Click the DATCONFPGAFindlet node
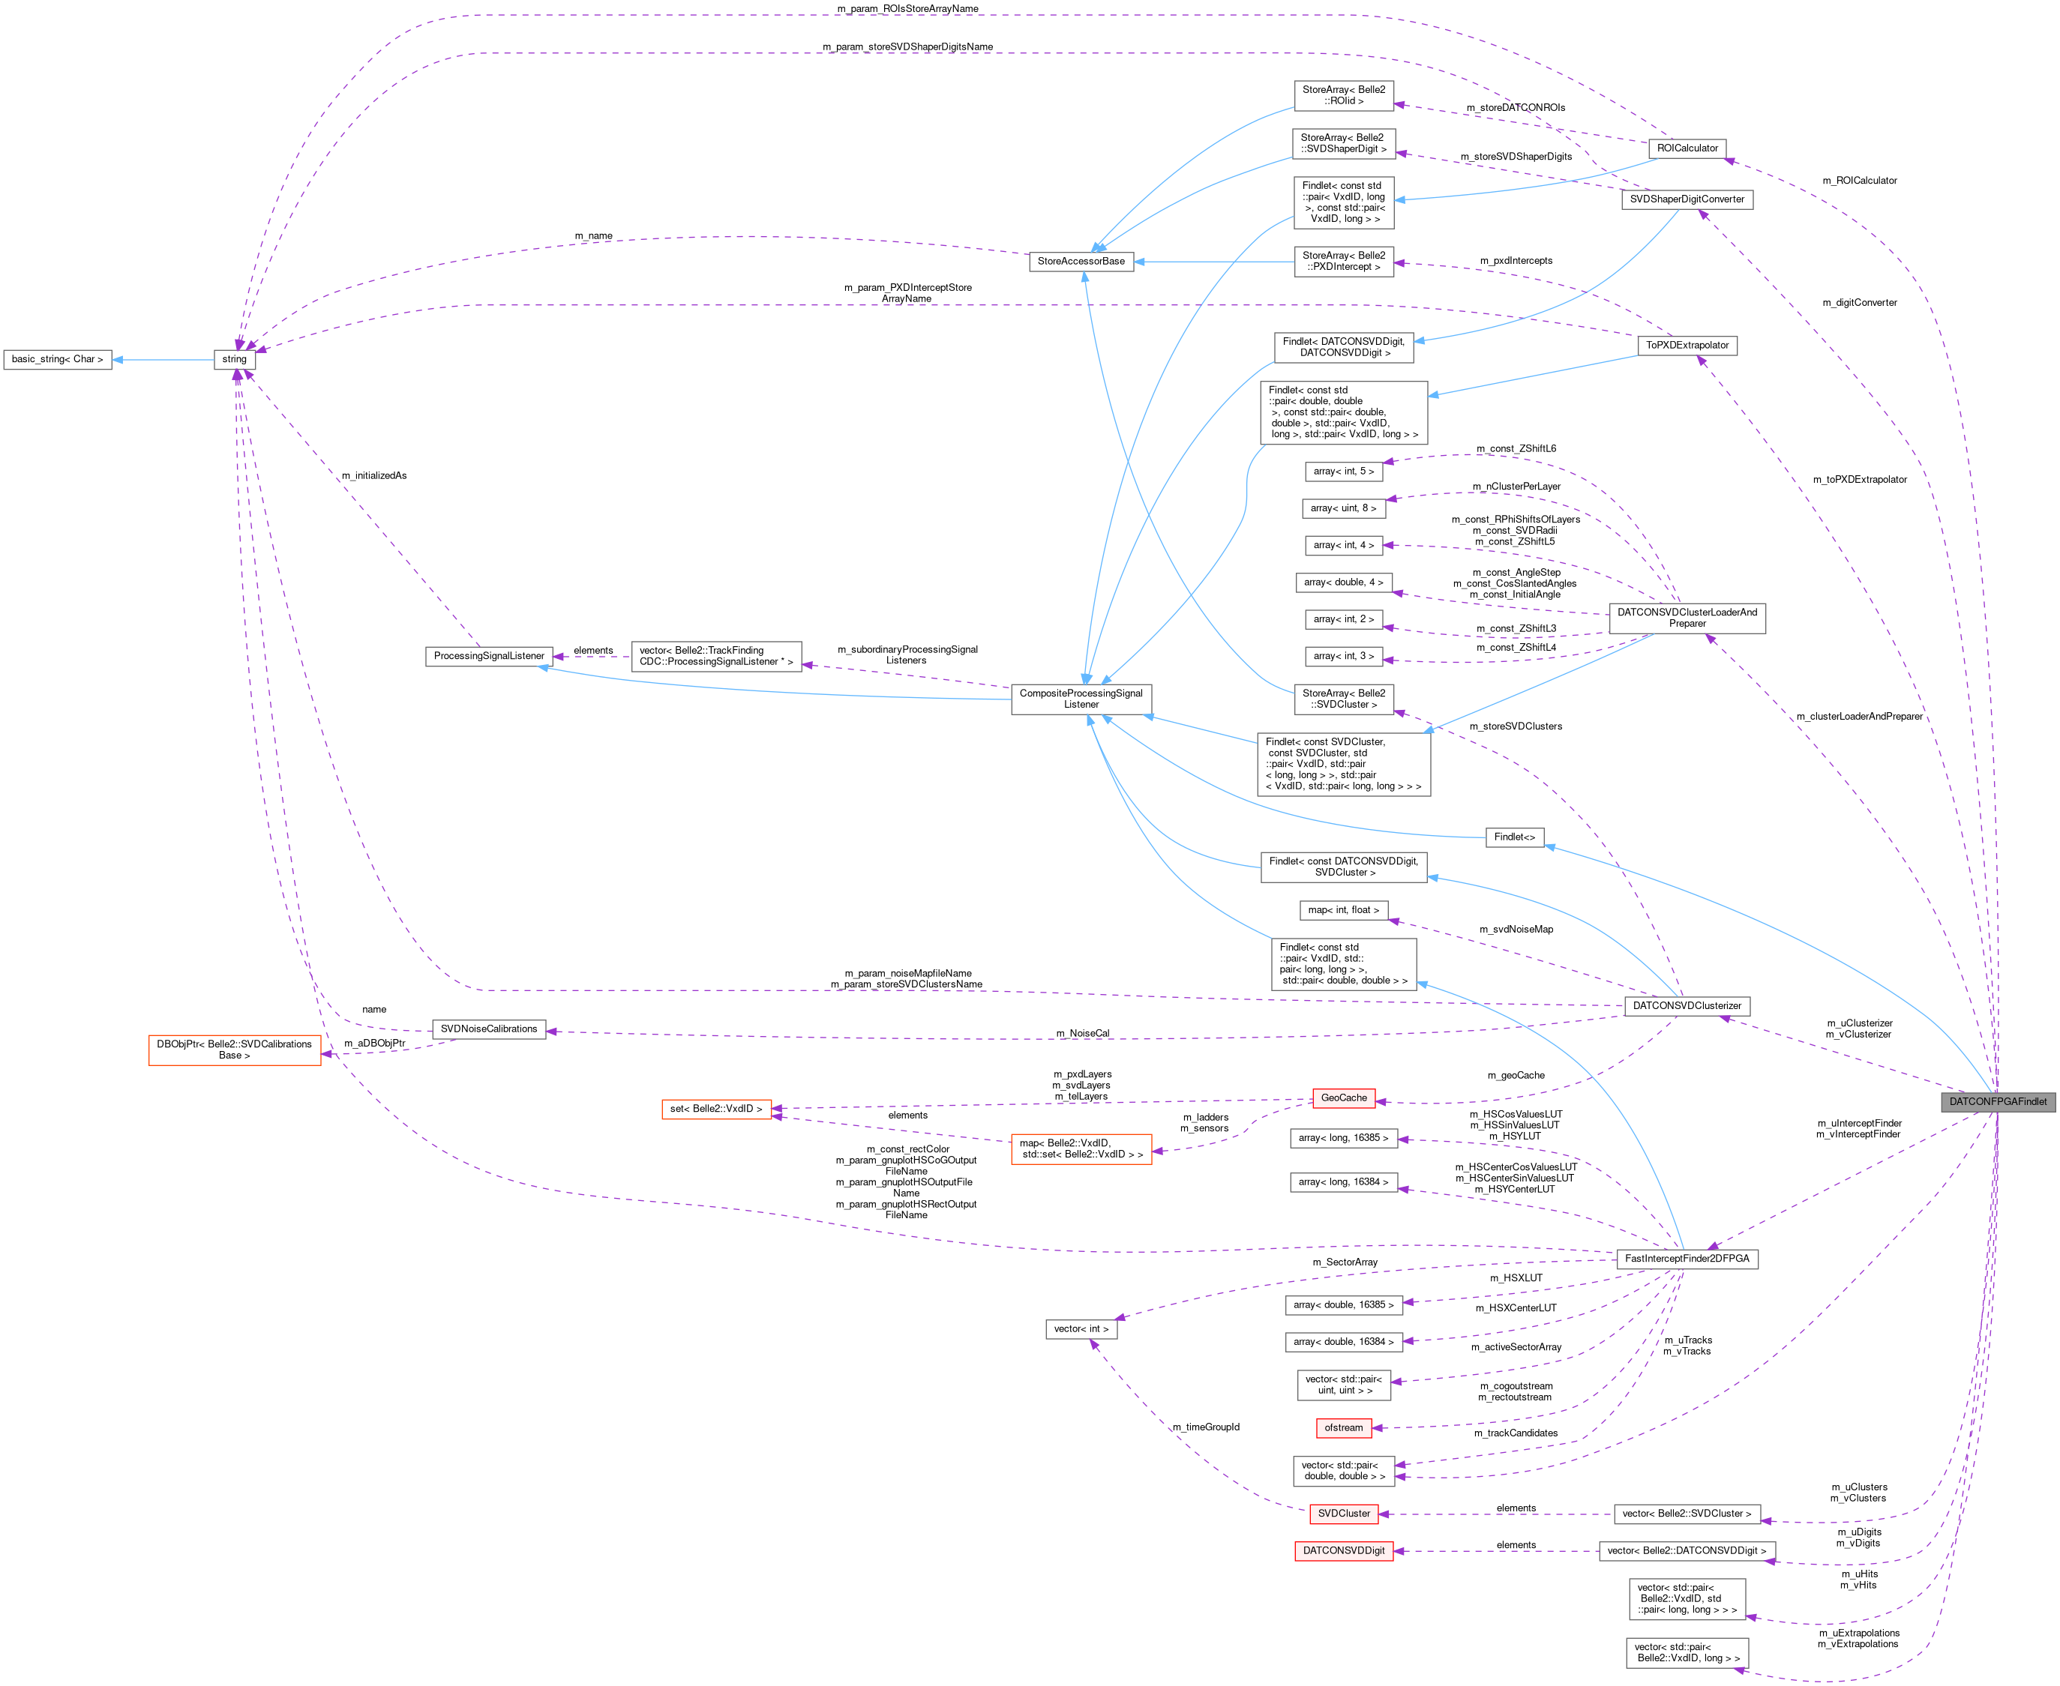pyautogui.click(x=1997, y=1101)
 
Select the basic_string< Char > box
pyautogui.click(x=57, y=359)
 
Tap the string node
pyautogui.click(x=234, y=359)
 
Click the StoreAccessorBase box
pyautogui.click(x=1081, y=261)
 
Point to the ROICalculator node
pyautogui.click(x=1687, y=148)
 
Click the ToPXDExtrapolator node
pyautogui.click(x=1687, y=345)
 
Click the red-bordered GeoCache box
pyautogui.click(x=1343, y=1098)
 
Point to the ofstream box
pyautogui.click(x=1343, y=1427)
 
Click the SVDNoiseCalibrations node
pyautogui.click(x=488, y=1029)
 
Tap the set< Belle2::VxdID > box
pyautogui.click(x=717, y=1108)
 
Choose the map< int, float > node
pyautogui.click(x=1343, y=910)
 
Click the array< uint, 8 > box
pyautogui.click(x=1343, y=508)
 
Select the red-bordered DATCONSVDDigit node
pyautogui.click(x=1343, y=1550)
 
